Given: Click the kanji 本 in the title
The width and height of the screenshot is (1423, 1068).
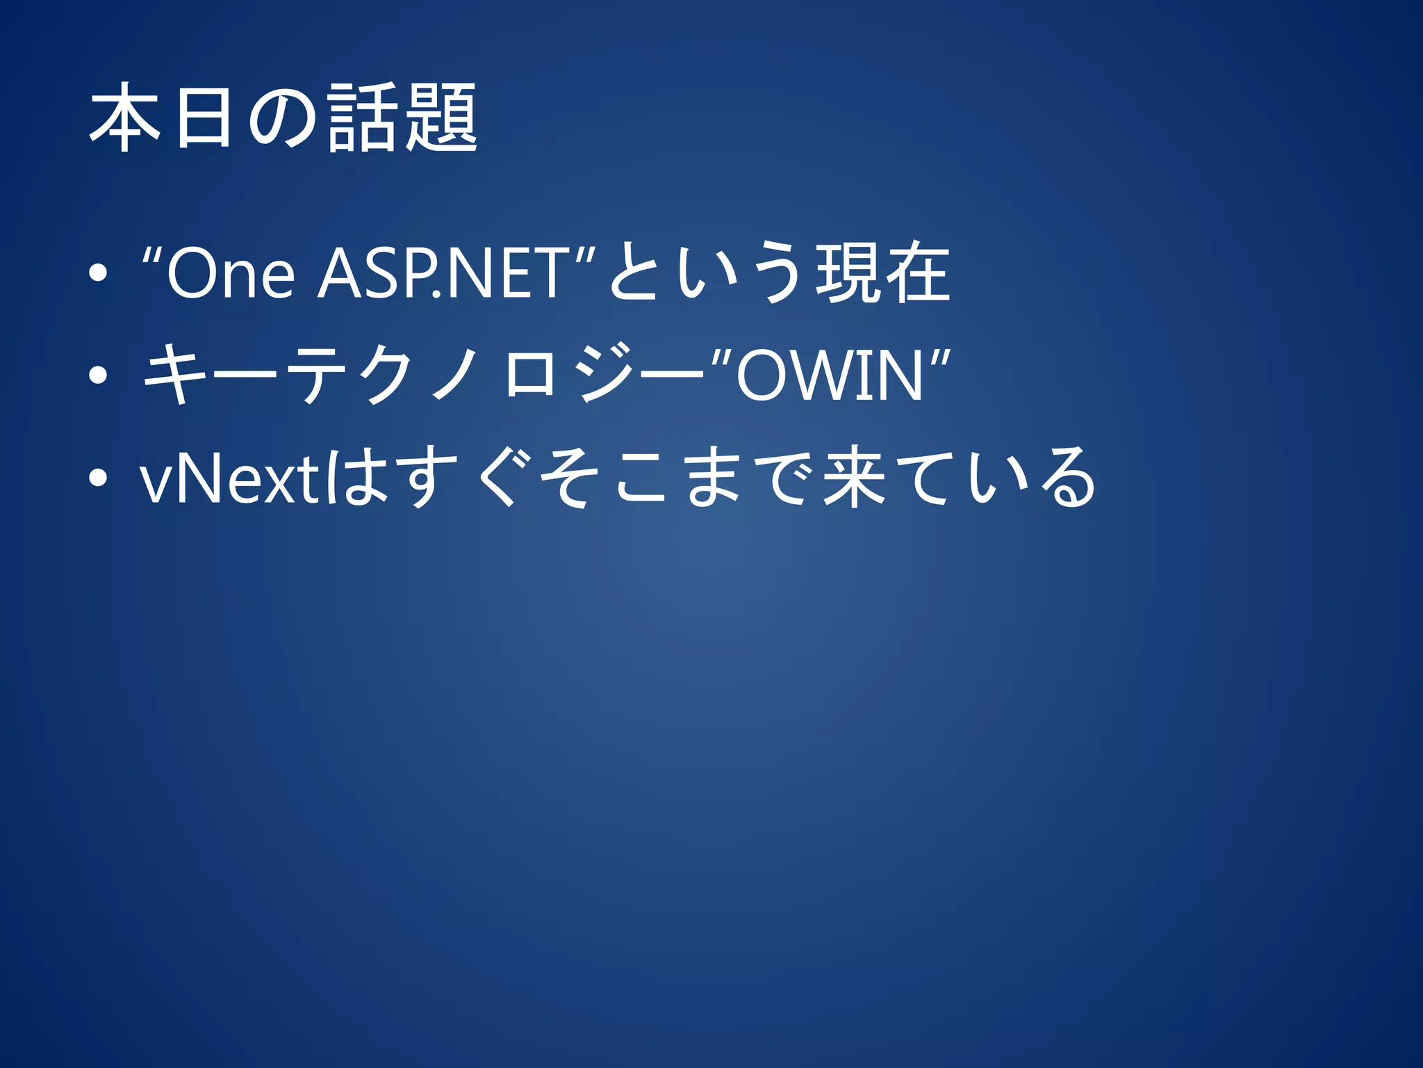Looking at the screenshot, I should click(x=126, y=116).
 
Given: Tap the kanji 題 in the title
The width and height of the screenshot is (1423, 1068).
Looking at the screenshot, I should click(x=442, y=116).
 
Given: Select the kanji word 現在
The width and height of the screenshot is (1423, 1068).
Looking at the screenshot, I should click(x=882, y=273).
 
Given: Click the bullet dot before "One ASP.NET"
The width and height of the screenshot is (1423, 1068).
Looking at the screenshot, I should click(x=98, y=273).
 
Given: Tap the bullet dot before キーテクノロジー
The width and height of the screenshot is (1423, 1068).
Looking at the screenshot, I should click(x=98, y=375).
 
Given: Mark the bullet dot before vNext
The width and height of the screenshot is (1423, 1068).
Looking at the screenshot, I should click(x=98, y=478).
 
